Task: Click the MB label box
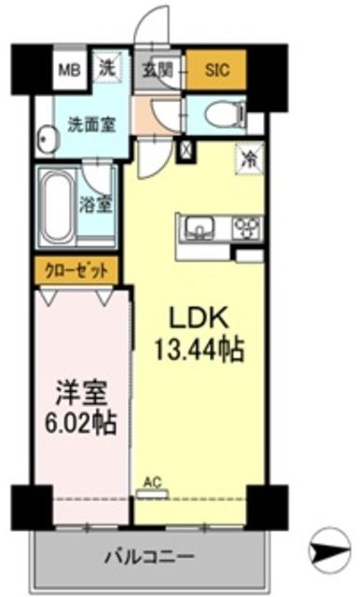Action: [x=69, y=69]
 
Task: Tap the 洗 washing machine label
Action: [x=108, y=68]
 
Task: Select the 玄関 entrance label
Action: [x=156, y=68]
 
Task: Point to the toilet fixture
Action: [x=223, y=116]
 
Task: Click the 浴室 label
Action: [x=101, y=204]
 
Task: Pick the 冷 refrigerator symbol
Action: [x=249, y=158]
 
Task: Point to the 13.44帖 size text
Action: [x=198, y=350]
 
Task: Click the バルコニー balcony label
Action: [x=149, y=556]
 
